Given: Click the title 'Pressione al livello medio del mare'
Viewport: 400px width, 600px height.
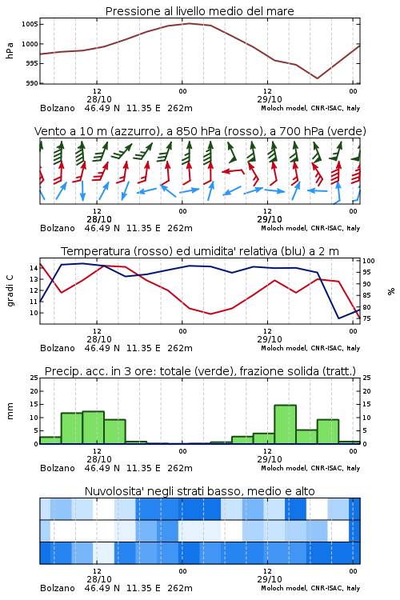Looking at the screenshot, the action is pos(200,11).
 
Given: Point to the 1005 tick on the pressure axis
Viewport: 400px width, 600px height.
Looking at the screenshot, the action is pos(30,24).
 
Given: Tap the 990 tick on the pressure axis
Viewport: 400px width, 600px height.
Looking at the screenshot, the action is pos(32,83).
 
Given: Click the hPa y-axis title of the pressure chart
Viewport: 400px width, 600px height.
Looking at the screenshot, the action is pos(10,50).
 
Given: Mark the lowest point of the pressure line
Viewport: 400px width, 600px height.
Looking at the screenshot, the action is pos(318,78).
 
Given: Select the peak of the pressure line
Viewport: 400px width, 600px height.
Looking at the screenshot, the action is pos(189,23).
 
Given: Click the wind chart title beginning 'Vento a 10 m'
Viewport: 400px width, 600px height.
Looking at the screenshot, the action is pos(200,131).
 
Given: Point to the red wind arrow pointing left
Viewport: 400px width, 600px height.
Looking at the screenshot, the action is pos(233,171).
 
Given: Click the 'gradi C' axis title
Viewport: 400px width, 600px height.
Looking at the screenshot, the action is pos(10,291).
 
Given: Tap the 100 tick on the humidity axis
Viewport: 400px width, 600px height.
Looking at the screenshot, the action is pos(369,261).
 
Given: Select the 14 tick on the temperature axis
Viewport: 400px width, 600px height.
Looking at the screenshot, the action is pos(34,268).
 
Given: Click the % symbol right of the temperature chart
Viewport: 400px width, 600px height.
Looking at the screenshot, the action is pos(391,291).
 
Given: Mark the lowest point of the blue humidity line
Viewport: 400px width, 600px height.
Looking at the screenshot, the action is pos(338,318).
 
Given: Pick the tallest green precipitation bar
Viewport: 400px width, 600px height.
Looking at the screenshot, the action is pos(285,424).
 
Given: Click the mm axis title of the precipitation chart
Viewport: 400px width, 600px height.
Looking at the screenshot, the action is pos(10,411).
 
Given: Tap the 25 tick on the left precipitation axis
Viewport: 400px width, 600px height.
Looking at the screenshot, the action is pos(34,378).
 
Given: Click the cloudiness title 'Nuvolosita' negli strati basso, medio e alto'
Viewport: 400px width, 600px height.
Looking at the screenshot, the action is pos(199,491).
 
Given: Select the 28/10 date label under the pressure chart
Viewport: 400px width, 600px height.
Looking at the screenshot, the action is pos(99,99).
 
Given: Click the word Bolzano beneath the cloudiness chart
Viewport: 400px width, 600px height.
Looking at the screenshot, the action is pos(58,588).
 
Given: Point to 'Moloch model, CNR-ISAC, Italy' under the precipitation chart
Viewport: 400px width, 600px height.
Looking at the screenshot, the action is pos(310,468).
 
